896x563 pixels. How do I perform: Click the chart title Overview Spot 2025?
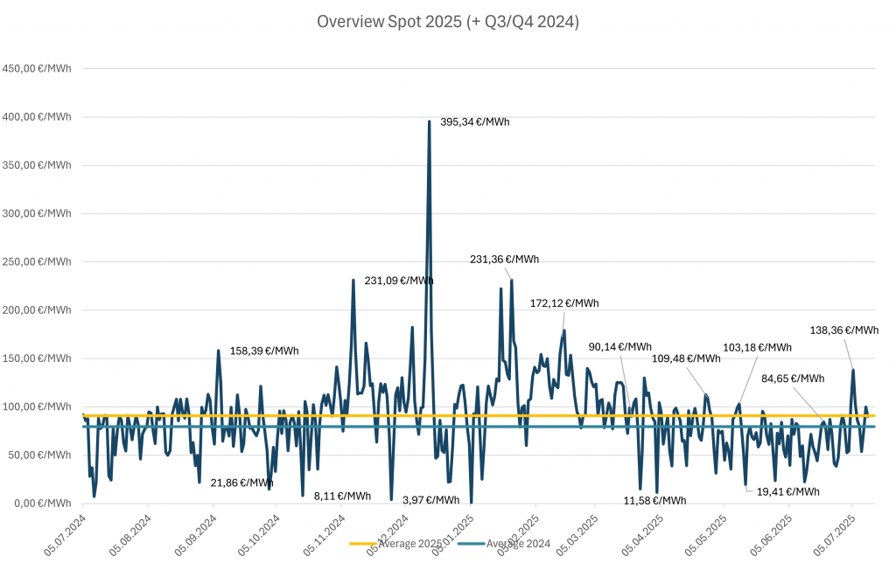447,22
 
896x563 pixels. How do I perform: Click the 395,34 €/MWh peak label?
474,122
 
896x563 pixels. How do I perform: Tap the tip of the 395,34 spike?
429,122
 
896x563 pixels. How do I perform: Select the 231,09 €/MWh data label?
399,281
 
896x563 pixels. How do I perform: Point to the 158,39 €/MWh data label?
264,351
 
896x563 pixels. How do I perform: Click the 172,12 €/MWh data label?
564,303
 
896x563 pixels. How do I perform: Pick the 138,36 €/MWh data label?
843,330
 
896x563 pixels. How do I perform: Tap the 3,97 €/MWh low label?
430,500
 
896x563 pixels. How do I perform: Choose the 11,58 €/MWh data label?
654,501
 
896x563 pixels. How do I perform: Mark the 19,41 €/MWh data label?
787,491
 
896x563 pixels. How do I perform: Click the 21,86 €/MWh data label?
242,483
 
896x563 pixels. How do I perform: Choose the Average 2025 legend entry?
396,544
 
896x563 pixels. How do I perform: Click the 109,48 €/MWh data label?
686,358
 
